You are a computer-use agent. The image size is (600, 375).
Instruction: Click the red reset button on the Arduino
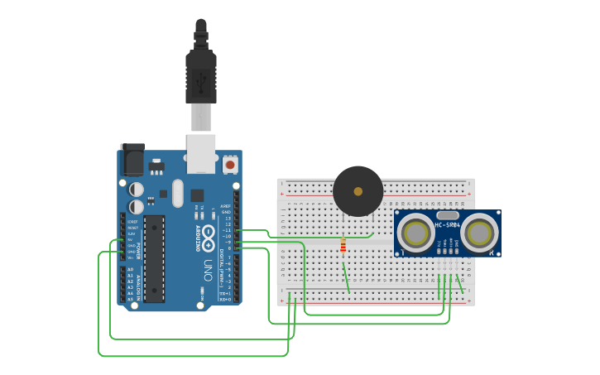point(228,166)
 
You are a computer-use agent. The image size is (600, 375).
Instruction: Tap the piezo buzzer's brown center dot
point(358,191)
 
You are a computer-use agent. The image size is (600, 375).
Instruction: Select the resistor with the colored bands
point(343,246)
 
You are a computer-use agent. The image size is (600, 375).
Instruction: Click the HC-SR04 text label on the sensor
point(447,225)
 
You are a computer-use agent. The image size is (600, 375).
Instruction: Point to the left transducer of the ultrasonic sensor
point(415,234)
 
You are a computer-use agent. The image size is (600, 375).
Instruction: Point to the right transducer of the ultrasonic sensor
point(480,234)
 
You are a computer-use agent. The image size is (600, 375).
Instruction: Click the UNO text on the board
point(208,269)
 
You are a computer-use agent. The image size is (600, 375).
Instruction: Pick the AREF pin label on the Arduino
point(225,206)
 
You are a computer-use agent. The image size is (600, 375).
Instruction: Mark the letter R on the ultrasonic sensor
point(492,252)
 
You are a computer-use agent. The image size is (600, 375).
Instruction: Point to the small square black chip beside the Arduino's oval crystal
point(197,195)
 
